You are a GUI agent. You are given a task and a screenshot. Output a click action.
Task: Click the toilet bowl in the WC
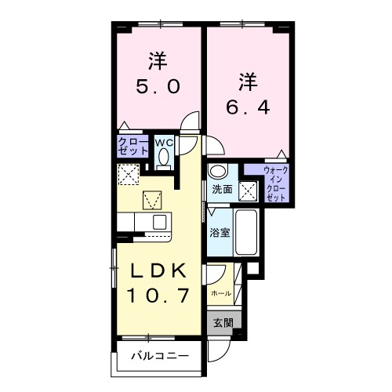pyautogui.click(x=164, y=157)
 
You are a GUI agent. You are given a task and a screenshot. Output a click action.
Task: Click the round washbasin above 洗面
pyautogui.click(x=217, y=172)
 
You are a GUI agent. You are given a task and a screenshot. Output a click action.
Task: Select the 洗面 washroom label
pyautogui.click(x=222, y=190)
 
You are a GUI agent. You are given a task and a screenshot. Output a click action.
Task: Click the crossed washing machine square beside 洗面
pyautogui.click(x=248, y=190)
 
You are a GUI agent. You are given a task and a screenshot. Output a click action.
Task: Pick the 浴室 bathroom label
pyautogui.click(x=219, y=233)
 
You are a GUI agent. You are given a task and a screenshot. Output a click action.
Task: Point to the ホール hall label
pyautogui.click(x=221, y=292)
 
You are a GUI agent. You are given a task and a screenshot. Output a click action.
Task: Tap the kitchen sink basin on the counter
pyautogui.click(x=158, y=221)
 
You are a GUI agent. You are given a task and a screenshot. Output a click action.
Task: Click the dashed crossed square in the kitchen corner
pyautogui.click(x=127, y=173)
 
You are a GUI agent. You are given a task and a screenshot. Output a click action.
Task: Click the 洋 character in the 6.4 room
pyautogui.click(x=248, y=81)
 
